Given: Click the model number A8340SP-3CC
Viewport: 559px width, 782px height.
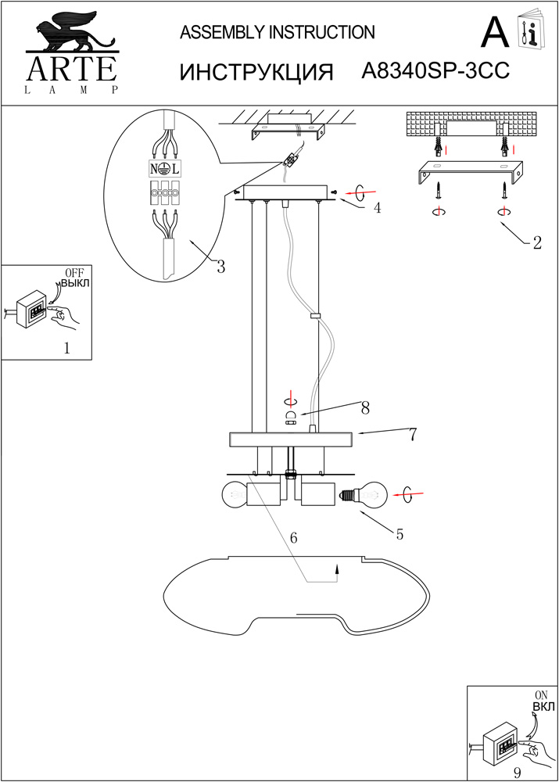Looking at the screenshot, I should (x=436, y=71).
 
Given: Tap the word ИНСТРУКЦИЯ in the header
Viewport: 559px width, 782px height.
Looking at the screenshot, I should (x=257, y=72).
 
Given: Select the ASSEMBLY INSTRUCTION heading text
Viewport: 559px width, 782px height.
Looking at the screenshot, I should (x=278, y=32).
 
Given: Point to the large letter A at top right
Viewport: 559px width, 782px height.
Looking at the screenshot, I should (x=495, y=33).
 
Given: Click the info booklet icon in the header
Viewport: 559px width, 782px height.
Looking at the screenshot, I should (x=531, y=31).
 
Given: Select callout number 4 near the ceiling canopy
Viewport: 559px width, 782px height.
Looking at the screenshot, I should (x=377, y=208).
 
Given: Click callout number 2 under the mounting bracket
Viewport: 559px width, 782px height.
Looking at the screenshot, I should (x=536, y=243).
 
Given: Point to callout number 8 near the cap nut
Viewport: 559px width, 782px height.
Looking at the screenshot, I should (x=364, y=407).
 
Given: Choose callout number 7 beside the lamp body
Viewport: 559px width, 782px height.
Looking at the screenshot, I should (x=412, y=436).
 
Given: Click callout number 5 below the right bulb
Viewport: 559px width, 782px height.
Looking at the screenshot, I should (x=400, y=535).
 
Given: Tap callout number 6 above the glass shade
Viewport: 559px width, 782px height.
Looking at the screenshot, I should (x=294, y=538).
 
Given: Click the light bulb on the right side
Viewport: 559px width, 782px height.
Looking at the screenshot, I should (x=367, y=494).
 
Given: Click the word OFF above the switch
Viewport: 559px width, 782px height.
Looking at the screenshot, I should (x=73, y=272).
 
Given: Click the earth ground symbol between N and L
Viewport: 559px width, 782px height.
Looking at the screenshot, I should (x=165, y=168).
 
